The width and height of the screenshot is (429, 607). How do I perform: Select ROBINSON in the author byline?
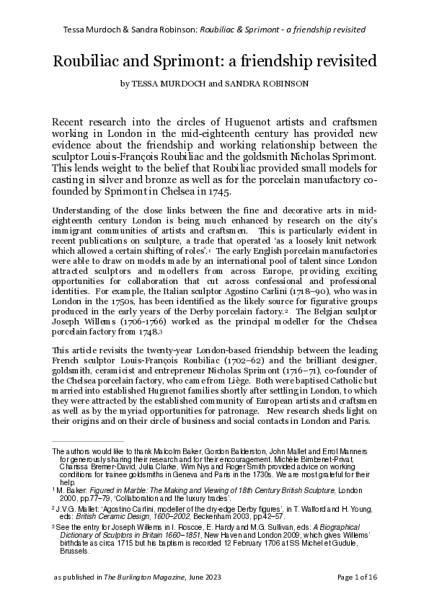click(x=284, y=84)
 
